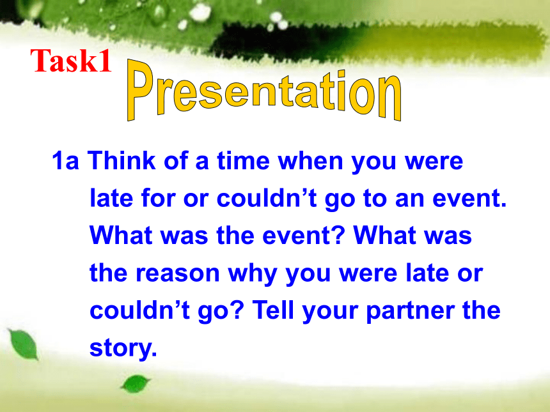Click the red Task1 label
click(x=71, y=60)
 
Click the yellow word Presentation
click(x=264, y=91)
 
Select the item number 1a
click(x=65, y=161)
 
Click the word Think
click(x=122, y=160)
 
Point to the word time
click(x=244, y=161)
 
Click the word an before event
click(x=410, y=199)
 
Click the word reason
click(x=178, y=273)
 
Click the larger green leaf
click(x=24, y=344)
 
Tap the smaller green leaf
click(x=135, y=384)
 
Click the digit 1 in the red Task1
click(x=104, y=60)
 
